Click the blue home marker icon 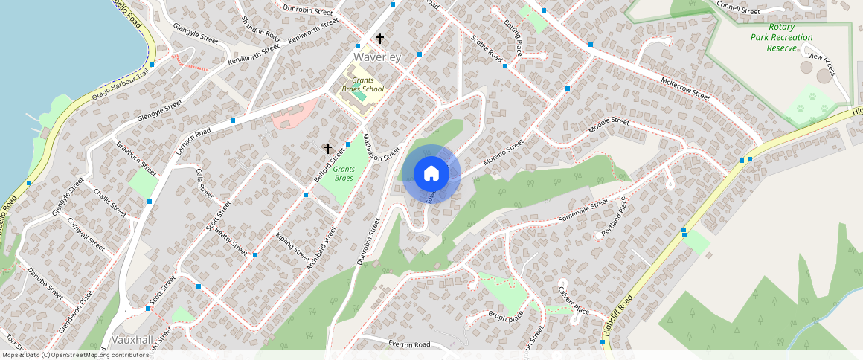pos(431,174)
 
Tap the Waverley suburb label pos(377,57)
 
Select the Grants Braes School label pos(363,84)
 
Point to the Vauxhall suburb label pos(132,339)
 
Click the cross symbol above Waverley pos(379,39)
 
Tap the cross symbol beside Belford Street pos(327,149)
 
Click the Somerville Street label pos(583,212)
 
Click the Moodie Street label pos(609,126)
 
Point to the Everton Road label pos(409,344)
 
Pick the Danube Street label pos(46,282)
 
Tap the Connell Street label pos(738,10)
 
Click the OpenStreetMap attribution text pos(74,355)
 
